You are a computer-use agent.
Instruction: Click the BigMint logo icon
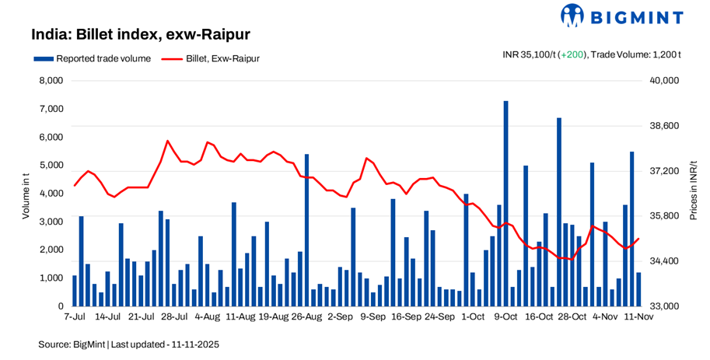click(x=572, y=15)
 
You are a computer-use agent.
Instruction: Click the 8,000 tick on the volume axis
click(x=50, y=81)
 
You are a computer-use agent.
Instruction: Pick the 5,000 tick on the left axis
click(x=50, y=166)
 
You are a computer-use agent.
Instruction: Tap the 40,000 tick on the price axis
click(x=665, y=81)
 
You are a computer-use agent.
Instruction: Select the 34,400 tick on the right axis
click(x=665, y=261)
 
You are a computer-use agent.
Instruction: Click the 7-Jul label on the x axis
click(x=75, y=317)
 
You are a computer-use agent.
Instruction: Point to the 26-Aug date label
click(x=306, y=317)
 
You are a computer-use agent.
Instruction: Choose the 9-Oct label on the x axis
click(x=505, y=317)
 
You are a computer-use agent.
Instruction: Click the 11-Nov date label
click(x=638, y=317)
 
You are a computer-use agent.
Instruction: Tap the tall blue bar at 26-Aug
click(x=306, y=229)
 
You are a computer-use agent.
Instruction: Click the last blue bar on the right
click(x=638, y=289)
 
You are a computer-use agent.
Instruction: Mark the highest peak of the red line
click(x=168, y=141)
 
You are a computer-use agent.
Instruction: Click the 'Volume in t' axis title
click(x=25, y=194)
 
